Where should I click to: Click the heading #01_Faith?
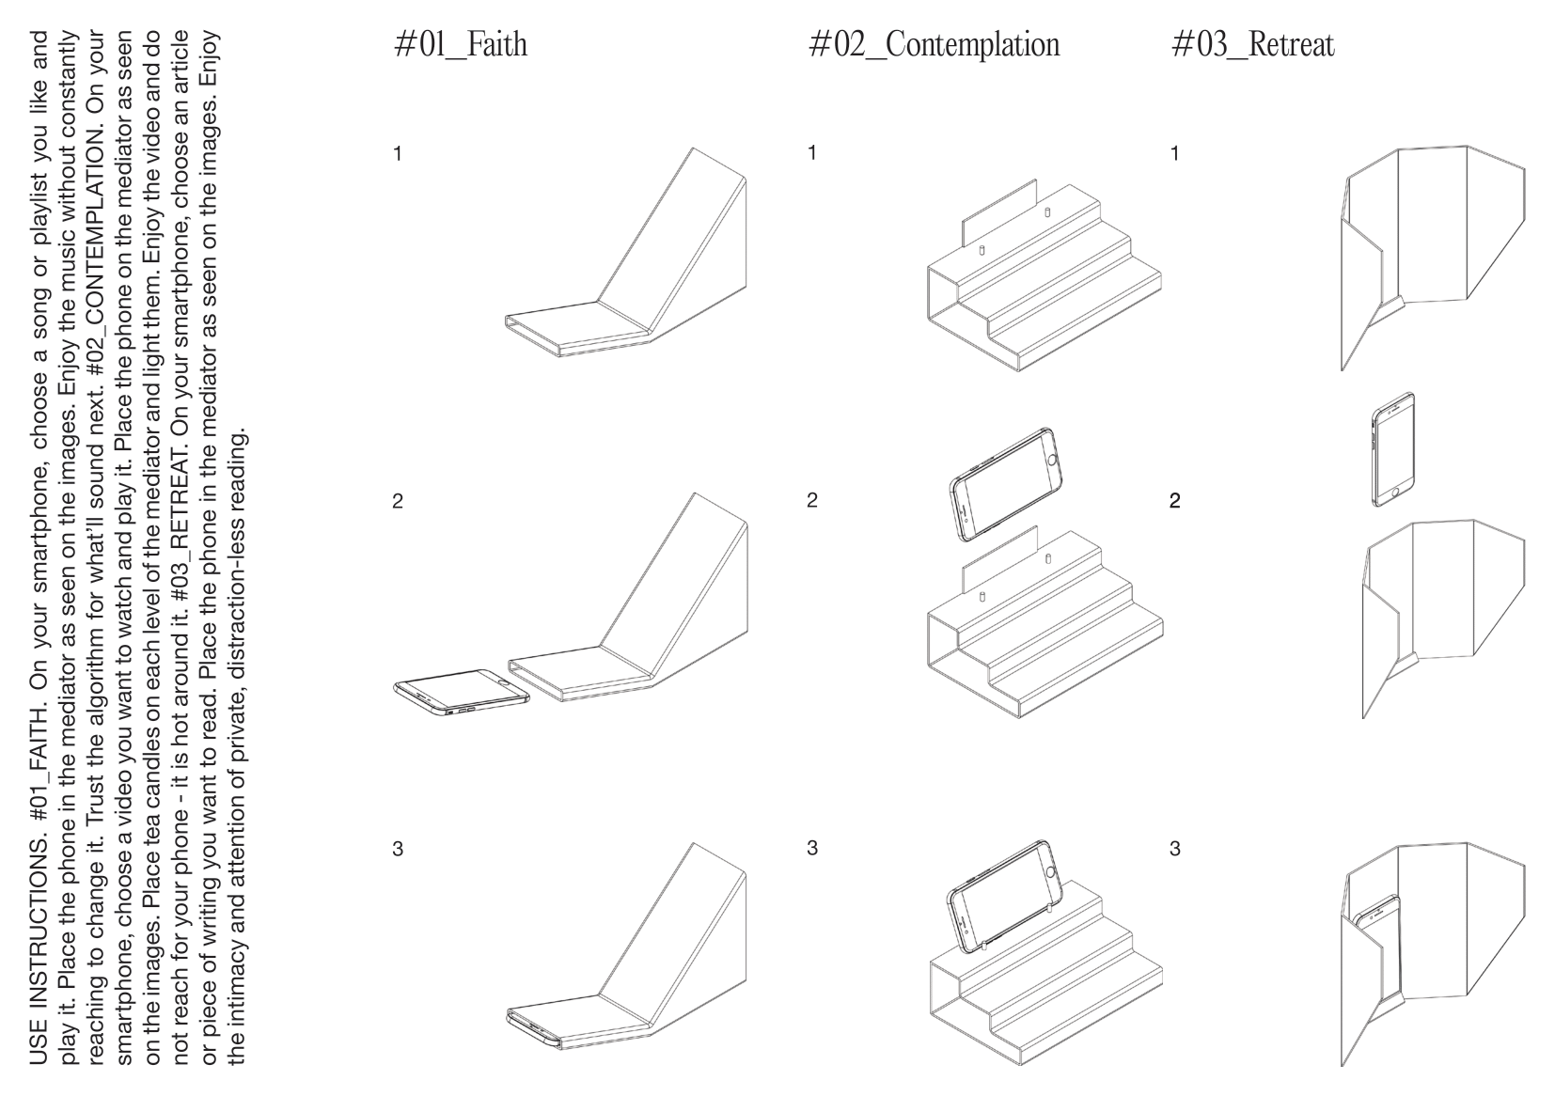[x=461, y=44]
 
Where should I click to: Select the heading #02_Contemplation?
[x=935, y=44]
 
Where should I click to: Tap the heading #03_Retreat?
[x=1253, y=44]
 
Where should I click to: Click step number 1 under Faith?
[x=398, y=153]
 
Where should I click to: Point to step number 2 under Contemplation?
[x=812, y=500]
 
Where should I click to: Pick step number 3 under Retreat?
[x=1174, y=848]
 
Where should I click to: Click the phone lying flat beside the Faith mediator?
[x=462, y=692]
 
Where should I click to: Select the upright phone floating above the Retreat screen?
[x=1393, y=449]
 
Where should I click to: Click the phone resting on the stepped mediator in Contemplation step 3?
[x=1004, y=896]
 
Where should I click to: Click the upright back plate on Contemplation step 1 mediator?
[x=998, y=214]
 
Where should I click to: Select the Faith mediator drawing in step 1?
[x=626, y=252]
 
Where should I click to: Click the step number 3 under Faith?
[x=398, y=849]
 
